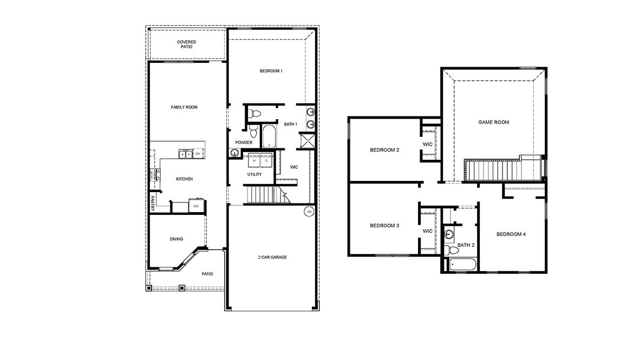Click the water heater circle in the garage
pyautogui.click(x=309, y=211)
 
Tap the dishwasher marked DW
pyautogui.click(x=198, y=154)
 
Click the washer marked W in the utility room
pyautogui.click(x=254, y=161)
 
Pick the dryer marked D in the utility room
pyautogui.click(x=266, y=161)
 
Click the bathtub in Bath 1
pyautogui.click(x=269, y=136)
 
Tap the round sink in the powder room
pyautogui.click(x=234, y=153)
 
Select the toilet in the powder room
pyautogui.click(x=254, y=132)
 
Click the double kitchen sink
pyautogui.click(x=185, y=154)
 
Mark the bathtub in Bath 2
pyautogui.click(x=461, y=265)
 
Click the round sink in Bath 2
pyautogui.click(x=449, y=234)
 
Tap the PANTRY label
pyautogui.click(x=153, y=203)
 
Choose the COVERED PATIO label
pyautogui.click(x=186, y=44)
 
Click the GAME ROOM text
pyautogui.click(x=493, y=122)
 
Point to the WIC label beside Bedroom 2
pyautogui.click(x=428, y=144)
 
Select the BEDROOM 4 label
pyautogui.click(x=511, y=234)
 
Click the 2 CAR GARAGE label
pyautogui.click(x=272, y=257)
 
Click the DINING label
pyautogui.click(x=176, y=239)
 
